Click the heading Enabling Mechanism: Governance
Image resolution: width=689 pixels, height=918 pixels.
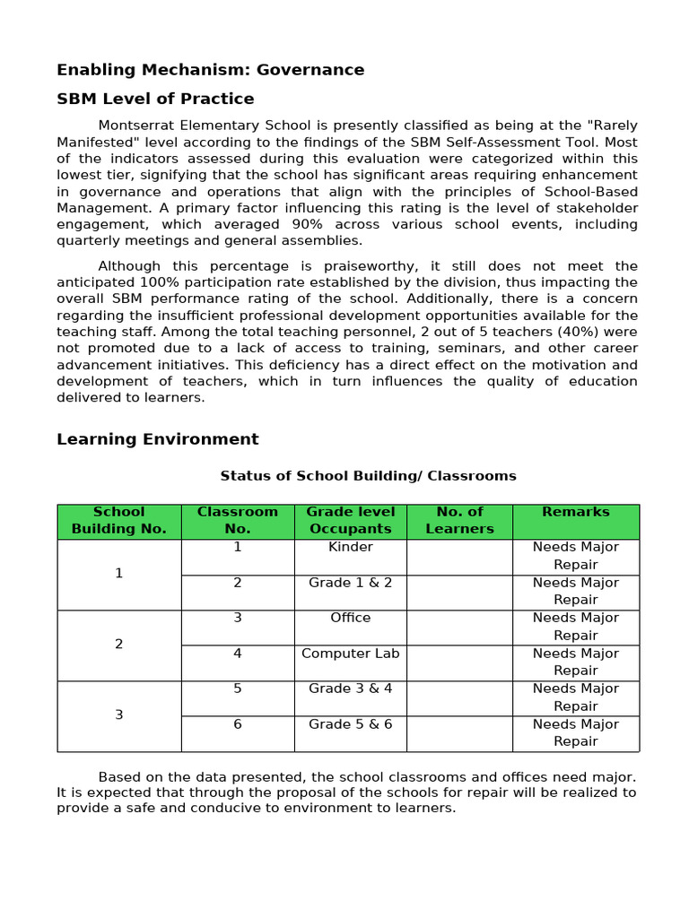coord(210,70)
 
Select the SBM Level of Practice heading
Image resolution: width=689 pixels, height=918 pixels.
coord(155,99)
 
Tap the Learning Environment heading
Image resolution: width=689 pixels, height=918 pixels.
coord(157,439)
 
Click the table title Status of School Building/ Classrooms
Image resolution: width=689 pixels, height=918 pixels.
coord(368,476)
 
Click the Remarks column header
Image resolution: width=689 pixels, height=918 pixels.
coord(575,512)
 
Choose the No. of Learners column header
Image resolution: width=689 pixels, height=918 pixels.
coord(459,520)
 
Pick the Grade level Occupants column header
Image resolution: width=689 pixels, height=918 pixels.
coord(350,520)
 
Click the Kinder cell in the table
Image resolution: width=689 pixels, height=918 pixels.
coord(350,547)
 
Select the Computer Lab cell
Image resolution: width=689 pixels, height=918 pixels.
coord(350,654)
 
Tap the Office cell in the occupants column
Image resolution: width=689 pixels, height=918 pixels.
coord(350,618)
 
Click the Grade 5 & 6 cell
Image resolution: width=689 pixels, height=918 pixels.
coord(350,724)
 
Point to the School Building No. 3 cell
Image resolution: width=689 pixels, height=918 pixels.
coord(118,715)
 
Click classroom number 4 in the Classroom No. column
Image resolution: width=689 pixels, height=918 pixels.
coord(237,654)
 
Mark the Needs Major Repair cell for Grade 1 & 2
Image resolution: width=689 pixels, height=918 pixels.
coord(575,592)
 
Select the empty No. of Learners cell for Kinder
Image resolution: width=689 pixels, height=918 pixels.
coord(459,557)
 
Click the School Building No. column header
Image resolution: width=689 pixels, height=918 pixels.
coord(118,520)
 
